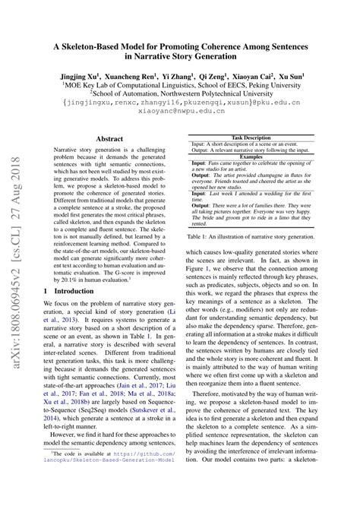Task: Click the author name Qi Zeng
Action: [x=216, y=77]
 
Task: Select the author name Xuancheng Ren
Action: [x=130, y=77]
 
